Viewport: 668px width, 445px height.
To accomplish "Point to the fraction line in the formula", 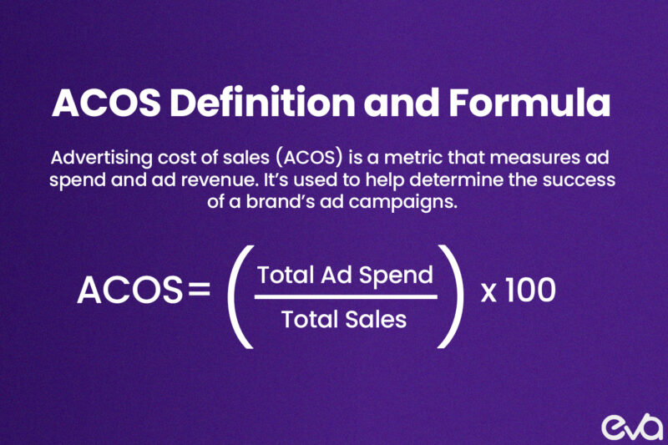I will tap(345, 296).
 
